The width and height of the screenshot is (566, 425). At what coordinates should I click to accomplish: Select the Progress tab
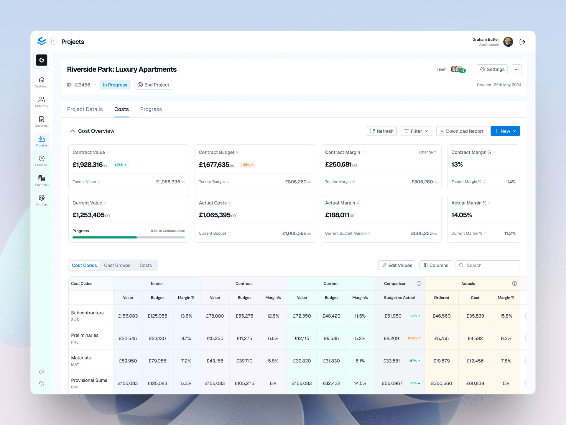pos(151,109)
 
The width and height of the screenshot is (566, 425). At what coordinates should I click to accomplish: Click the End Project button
pos(153,85)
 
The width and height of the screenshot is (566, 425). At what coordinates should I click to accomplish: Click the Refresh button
pos(381,131)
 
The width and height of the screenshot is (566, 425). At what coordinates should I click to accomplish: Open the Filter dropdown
pos(416,131)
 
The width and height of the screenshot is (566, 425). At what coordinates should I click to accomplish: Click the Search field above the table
pos(491,265)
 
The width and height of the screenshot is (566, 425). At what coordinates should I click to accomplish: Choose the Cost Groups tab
pos(117,265)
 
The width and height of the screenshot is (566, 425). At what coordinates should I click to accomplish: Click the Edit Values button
pos(397,265)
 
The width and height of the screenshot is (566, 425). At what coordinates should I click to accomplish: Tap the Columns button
pos(435,265)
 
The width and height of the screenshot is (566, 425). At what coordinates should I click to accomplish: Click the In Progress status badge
pos(115,85)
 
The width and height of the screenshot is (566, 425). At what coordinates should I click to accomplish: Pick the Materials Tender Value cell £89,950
pos(128,361)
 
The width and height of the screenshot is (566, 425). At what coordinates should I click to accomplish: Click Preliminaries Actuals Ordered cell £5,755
pos(441,338)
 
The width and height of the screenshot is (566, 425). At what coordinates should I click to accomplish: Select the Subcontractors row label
pos(87,313)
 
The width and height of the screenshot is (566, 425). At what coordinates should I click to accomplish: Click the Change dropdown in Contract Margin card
pos(427,152)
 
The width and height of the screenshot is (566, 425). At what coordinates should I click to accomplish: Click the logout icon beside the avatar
pos(522,42)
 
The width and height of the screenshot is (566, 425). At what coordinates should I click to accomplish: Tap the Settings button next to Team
pos(492,69)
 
